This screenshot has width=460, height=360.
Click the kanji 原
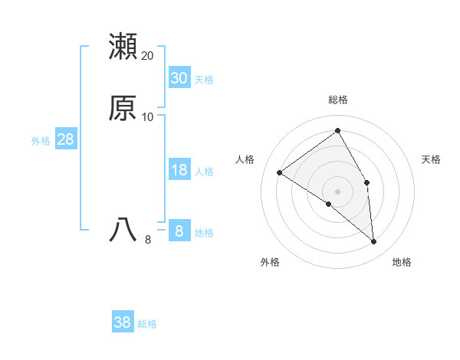123,108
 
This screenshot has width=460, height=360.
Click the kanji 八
123,230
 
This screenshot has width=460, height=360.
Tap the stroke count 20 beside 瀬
148,56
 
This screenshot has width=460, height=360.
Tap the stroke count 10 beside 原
148,117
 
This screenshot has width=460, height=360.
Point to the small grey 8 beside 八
148,240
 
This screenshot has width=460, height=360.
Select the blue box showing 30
179,77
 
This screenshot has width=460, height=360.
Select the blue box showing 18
179,170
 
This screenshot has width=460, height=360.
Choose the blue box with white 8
179,231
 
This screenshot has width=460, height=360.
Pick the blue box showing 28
65,139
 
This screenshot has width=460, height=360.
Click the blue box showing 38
123,322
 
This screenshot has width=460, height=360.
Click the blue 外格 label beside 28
41,141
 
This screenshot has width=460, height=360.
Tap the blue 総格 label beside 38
147,324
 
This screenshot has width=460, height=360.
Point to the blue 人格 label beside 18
204,172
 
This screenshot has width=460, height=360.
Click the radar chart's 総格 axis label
338,100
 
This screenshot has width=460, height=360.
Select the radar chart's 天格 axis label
431,159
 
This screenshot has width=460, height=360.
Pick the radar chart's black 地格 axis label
402,263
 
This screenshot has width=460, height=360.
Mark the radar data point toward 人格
280,172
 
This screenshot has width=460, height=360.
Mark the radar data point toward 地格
374,242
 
